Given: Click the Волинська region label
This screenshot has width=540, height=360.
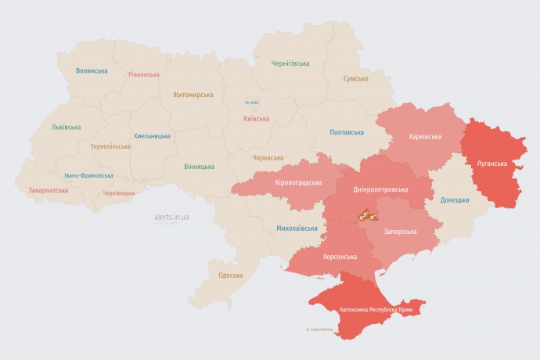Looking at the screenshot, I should [x=92, y=70].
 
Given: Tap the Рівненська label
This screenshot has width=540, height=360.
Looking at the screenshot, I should [x=144, y=75].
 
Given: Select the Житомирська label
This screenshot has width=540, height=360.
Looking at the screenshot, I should [x=193, y=95].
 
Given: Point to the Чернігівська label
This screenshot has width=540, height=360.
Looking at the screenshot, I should [x=290, y=63].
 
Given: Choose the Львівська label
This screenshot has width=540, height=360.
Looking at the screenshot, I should [x=66, y=127].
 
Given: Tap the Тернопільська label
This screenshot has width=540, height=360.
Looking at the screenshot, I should [x=110, y=146].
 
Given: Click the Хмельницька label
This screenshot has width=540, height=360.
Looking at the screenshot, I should [x=152, y=135].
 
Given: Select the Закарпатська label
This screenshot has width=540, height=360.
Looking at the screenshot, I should [x=48, y=190].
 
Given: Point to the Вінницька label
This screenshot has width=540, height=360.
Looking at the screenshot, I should [x=199, y=167].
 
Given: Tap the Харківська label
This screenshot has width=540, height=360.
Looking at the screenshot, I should [x=425, y=136].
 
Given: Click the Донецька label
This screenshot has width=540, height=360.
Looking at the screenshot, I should [x=455, y=200].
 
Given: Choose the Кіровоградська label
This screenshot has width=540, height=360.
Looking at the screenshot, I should [x=298, y=182].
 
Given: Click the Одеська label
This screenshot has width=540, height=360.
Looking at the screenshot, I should [x=230, y=275].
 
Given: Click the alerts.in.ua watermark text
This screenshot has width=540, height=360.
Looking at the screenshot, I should [x=173, y=218].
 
